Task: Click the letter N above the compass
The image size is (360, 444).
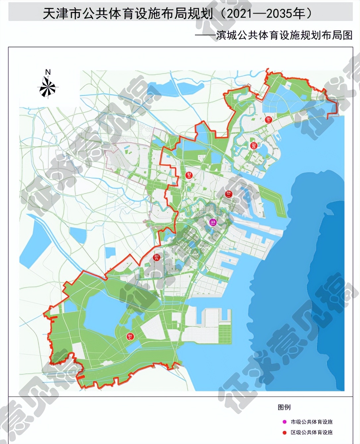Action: [48, 72]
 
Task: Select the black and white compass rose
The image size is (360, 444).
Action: [48, 87]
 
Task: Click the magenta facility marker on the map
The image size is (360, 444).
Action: [213, 222]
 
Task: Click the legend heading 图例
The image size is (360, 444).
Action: [284, 407]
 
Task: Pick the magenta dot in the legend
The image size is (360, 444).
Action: [284, 422]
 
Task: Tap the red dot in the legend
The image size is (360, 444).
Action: [284, 432]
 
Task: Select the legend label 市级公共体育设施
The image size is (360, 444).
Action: [312, 422]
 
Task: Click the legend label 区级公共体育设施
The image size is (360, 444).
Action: [312, 432]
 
